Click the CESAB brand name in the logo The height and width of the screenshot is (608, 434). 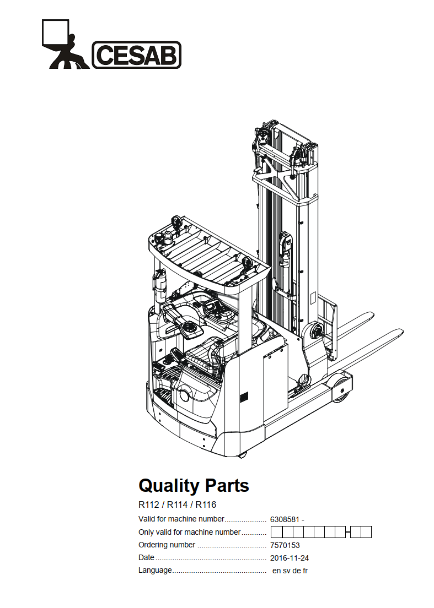(x=137, y=55)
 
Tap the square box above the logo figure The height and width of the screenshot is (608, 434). (x=55, y=32)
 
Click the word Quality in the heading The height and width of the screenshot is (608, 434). (x=169, y=486)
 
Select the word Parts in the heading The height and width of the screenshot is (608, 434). (x=227, y=485)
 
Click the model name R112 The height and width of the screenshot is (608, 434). (x=149, y=504)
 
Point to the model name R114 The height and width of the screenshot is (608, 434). (x=177, y=504)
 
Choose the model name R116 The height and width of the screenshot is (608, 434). (x=206, y=504)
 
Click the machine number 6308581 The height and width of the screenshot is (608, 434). (x=285, y=519)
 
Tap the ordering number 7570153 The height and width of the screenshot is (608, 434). (x=285, y=545)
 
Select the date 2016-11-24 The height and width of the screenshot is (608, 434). (x=290, y=558)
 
